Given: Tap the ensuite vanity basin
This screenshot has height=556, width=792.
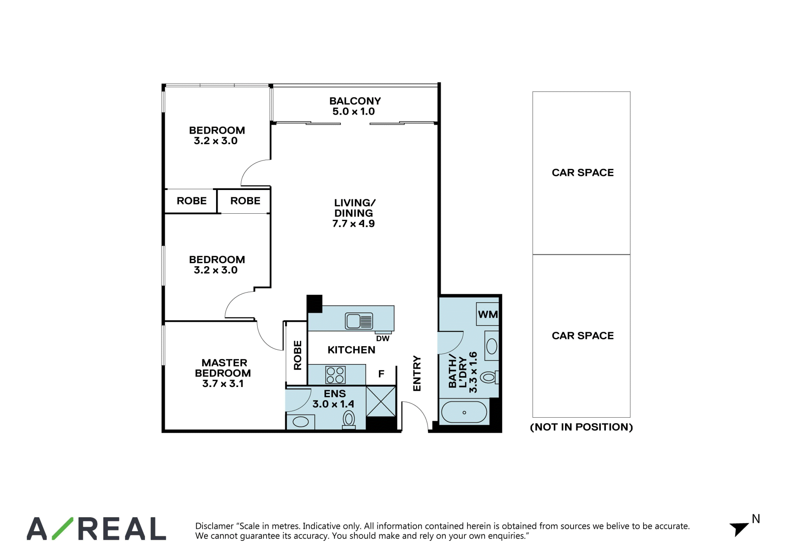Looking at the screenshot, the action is coord(300,422).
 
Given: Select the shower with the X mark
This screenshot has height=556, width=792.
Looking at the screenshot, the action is coord(381,402).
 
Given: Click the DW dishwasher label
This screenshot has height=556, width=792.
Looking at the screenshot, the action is coord(383,339).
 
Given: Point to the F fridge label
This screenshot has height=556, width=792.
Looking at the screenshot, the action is coord(381,374).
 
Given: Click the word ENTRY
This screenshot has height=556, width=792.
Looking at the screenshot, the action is coord(417,374).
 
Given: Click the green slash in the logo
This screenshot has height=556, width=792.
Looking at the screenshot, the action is coord(62,528).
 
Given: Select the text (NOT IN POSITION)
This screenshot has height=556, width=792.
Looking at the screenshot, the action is coord(581,427).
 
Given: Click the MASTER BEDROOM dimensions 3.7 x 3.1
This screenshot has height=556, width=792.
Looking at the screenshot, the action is coord(223,383).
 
